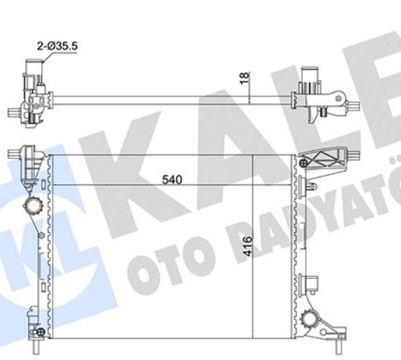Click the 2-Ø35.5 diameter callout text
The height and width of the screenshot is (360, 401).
point(57,46)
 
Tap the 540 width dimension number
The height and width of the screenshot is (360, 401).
point(172,180)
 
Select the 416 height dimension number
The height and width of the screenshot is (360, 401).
point(248,246)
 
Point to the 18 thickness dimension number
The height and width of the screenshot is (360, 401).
point(245,78)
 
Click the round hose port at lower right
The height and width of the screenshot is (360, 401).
point(311,319)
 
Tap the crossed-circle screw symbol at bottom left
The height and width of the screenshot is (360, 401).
point(41,332)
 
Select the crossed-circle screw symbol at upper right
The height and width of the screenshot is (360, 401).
point(303,163)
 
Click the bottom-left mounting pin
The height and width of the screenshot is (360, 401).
point(36,347)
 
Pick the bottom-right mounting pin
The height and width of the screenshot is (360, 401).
point(339,347)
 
